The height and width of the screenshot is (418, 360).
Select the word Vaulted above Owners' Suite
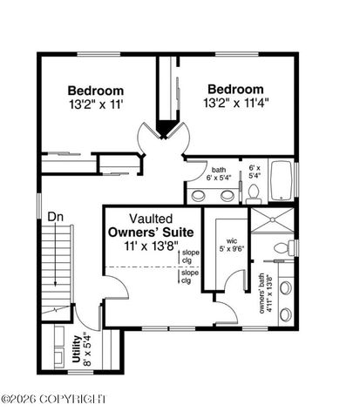(151, 219)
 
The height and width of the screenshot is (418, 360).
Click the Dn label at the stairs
(56, 216)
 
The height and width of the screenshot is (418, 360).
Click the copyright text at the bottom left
(54, 399)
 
